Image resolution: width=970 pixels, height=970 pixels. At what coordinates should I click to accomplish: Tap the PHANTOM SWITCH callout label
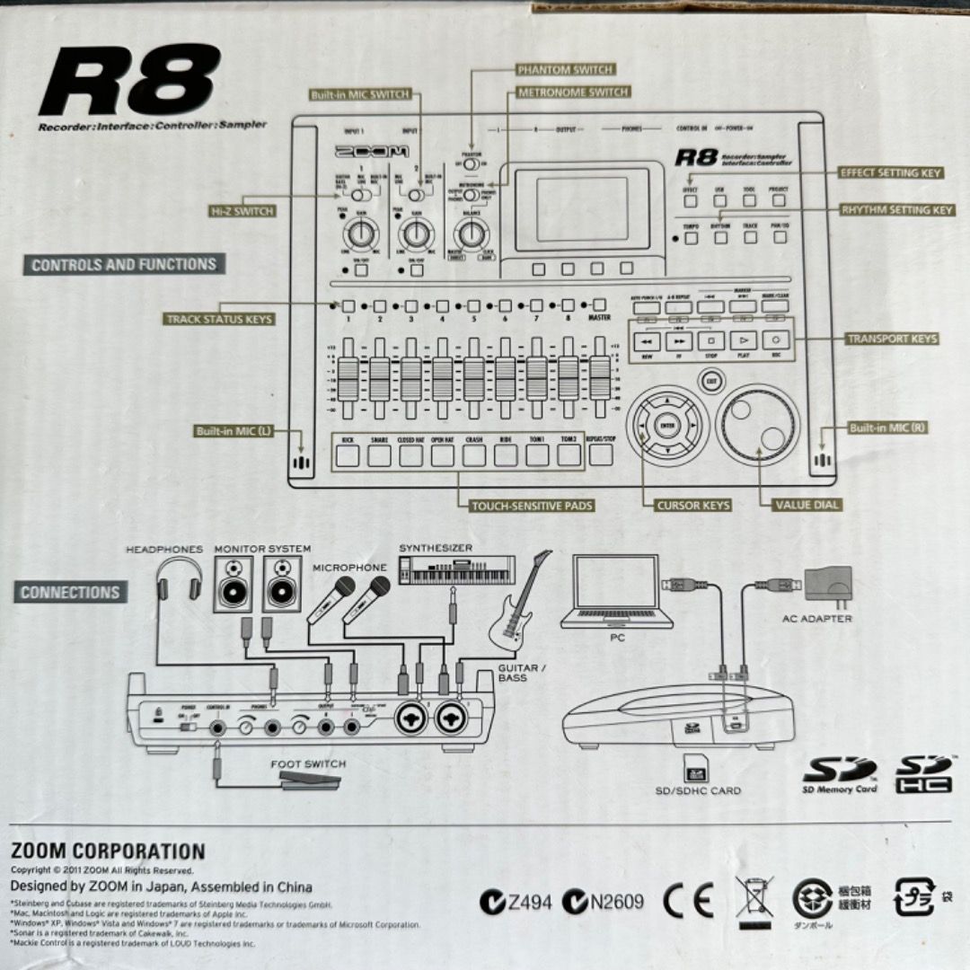pyautogui.click(x=566, y=69)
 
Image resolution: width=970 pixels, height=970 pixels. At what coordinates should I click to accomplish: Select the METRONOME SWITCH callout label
pyautogui.click(x=573, y=92)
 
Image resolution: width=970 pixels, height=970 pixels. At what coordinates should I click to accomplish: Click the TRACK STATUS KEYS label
pyautogui.click(x=219, y=319)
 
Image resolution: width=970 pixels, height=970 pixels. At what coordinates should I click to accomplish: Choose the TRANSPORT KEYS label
pyautogui.click(x=892, y=339)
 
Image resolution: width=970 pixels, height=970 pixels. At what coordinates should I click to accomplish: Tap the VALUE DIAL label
pyautogui.click(x=807, y=505)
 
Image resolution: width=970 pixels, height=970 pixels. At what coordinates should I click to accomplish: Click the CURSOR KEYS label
pyautogui.click(x=693, y=506)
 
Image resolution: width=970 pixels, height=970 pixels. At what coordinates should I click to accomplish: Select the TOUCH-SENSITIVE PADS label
pyautogui.click(x=532, y=506)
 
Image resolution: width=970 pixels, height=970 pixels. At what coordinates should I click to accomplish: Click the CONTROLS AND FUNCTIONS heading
pyautogui.click(x=124, y=265)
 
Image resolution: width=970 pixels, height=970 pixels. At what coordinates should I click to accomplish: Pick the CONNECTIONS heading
pyautogui.click(x=70, y=593)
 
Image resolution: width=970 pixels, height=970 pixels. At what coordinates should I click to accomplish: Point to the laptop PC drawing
pyautogui.click(x=616, y=594)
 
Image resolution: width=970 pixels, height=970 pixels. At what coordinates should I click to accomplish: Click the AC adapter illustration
pyautogui.click(x=827, y=586)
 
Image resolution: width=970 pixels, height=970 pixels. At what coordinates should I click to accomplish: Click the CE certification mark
pyautogui.click(x=688, y=900)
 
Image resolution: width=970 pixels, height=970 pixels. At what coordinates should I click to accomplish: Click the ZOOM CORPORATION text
pyautogui.click(x=108, y=851)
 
